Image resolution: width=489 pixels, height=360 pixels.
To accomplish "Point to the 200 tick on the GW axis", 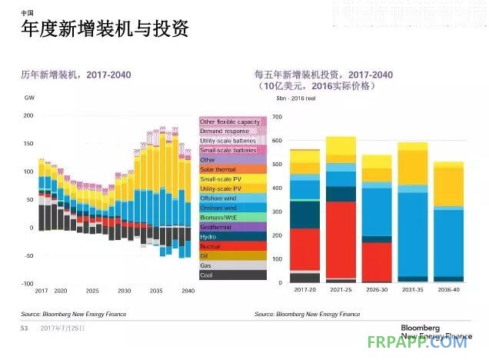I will pyautogui.click(x=28, y=116).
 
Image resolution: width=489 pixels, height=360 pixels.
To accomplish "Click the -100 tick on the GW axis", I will pyautogui.click(x=27, y=284).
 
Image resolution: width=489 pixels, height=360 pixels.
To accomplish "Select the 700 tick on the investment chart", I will pyautogui.click(x=278, y=117).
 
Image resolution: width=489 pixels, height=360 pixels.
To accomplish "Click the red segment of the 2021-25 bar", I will pyautogui.click(x=341, y=238).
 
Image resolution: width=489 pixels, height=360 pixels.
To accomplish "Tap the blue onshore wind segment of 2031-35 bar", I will pyautogui.click(x=413, y=231).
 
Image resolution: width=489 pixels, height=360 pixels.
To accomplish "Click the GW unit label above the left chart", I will pyautogui.click(x=29, y=99).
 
